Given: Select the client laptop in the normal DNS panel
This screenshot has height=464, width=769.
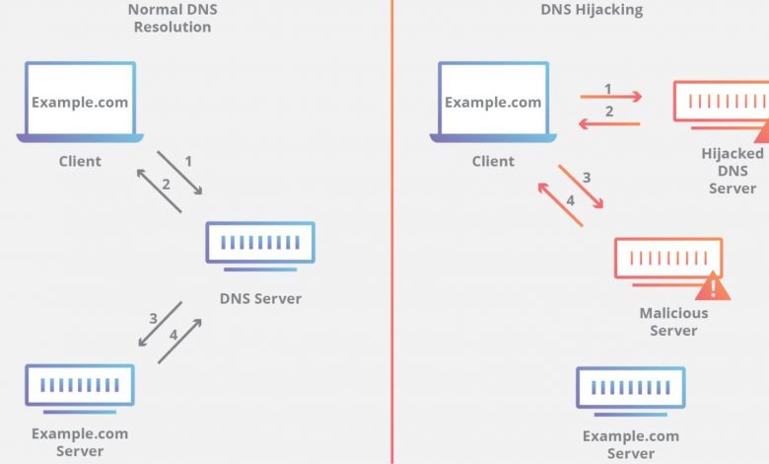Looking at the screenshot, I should (x=80, y=103).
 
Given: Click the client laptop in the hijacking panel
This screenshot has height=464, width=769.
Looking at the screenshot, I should (x=493, y=103).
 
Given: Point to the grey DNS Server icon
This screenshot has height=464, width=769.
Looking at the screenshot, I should (x=260, y=243).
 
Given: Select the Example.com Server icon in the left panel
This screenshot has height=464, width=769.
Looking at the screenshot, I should (x=80, y=387).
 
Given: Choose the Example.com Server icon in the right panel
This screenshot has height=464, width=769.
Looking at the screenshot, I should (x=631, y=388).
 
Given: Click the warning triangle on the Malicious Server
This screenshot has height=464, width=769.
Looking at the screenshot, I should (x=712, y=287).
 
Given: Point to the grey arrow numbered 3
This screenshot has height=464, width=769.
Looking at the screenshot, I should (x=159, y=324).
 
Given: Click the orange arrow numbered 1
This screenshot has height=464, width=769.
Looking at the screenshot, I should (x=610, y=97).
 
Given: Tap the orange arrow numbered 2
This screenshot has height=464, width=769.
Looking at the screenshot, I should (x=610, y=122).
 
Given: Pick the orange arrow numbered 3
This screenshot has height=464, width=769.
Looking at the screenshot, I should (x=581, y=186).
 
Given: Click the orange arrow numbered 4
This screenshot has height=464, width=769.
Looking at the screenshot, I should (x=560, y=203).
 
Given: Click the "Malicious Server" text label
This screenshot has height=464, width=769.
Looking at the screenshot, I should (x=673, y=322).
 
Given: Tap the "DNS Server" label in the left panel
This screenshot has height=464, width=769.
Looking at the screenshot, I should (x=260, y=298).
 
